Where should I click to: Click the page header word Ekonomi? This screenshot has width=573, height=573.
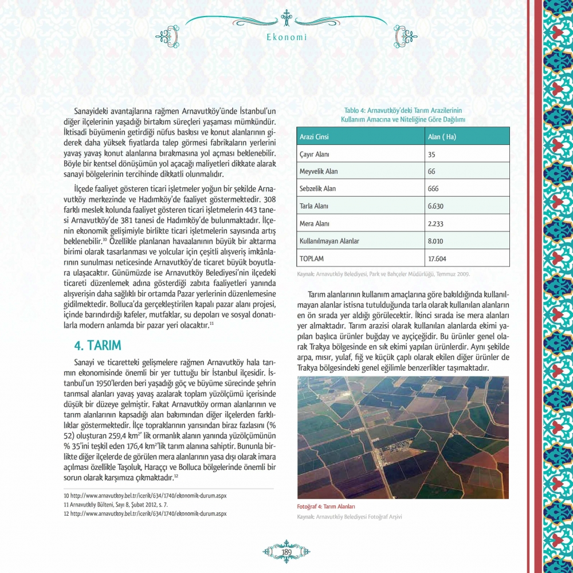click(x=287, y=38)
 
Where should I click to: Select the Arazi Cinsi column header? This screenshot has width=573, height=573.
click(x=314, y=138)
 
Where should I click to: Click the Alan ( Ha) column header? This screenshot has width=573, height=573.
click(x=442, y=138)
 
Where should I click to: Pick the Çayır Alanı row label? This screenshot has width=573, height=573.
click(x=314, y=155)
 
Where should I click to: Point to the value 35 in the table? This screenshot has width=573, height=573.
click(x=432, y=155)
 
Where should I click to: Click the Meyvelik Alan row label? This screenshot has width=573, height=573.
click(x=319, y=172)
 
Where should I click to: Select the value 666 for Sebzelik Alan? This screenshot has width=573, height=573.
click(x=434, y=189)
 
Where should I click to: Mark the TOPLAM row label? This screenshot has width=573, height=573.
click(x=312, y=258)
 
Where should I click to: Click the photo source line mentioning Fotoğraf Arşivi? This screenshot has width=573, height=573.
click(x=350, y=517)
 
